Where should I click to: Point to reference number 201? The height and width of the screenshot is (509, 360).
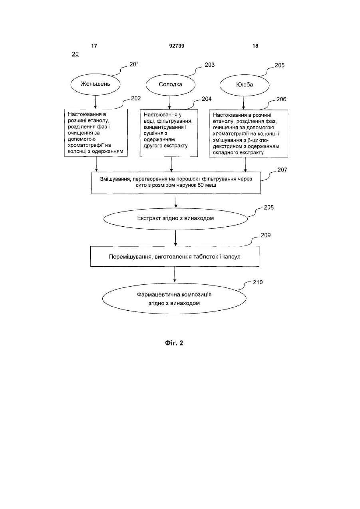(134, 64)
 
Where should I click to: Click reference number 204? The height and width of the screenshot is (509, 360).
(207, 99)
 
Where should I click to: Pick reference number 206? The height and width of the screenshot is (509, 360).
(281, 99)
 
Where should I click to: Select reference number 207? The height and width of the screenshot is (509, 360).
(282, 170)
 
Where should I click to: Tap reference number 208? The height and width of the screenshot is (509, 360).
(269, 208)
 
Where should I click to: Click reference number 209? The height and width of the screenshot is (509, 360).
(266, 235)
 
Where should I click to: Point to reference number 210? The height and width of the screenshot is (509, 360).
(258, 282)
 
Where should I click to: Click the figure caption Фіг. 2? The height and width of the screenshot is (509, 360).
(174, 343)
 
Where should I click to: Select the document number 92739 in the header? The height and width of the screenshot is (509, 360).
(177, 46)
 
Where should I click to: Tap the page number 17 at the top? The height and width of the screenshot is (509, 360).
(94, 46)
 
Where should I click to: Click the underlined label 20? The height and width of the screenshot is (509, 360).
(75, 54)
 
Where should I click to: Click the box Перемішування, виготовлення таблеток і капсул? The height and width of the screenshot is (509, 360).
(175, 257)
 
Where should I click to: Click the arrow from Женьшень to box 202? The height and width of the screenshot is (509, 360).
(95, 102)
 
